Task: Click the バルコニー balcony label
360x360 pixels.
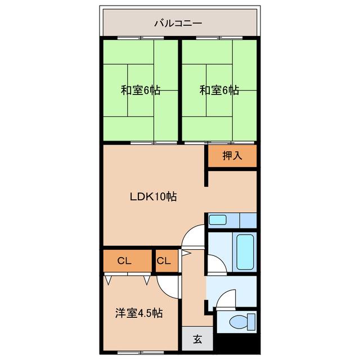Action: click(178, 23)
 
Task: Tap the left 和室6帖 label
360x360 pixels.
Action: click(141, 90)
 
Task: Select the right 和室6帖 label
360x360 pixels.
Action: click(219, 90)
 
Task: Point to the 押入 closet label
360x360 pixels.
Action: click(232, 156)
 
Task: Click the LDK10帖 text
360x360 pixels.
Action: click(153, 197)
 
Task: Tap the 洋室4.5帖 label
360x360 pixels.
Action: click(139, 313)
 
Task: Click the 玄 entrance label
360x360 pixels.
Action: click(197, 339)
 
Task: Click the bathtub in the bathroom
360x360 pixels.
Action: click(245, 252)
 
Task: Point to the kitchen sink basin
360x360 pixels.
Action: click(218, 220)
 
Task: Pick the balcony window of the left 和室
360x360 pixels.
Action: click(141, 38)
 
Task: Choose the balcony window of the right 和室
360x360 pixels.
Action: click(219, 38)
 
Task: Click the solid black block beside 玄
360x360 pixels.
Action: click(236, 342)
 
